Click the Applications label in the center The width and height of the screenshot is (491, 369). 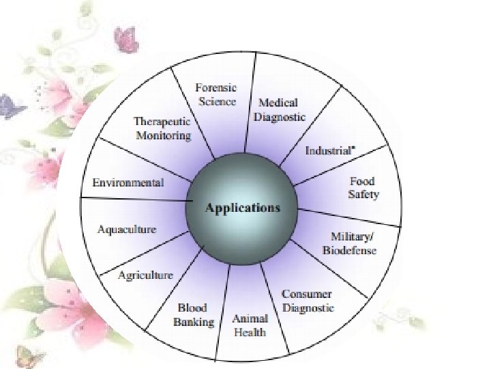click(x=243, y=208)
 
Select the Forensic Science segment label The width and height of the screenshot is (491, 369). click(x=215, y=95)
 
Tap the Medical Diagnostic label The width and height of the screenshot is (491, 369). click(x=279, y=109)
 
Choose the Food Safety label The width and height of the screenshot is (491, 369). click(x=363, y=188)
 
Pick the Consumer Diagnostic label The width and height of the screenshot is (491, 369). click(x=308, y=301)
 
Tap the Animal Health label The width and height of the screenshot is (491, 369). click(x=250, y=326)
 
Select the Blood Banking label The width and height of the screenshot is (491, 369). click(x=193, y=315)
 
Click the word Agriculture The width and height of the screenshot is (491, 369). click(x=145, y=275)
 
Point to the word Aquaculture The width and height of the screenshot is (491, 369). click(x=126, y=230)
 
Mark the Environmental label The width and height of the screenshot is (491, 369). click(x=128, y=182)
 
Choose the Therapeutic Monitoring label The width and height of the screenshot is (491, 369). click(x=162, y=128)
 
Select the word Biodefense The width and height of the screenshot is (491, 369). click(x=349, y=250)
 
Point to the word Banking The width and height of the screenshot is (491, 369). click(x=193, y=322)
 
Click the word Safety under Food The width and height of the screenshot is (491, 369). click(x=363, y=194)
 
